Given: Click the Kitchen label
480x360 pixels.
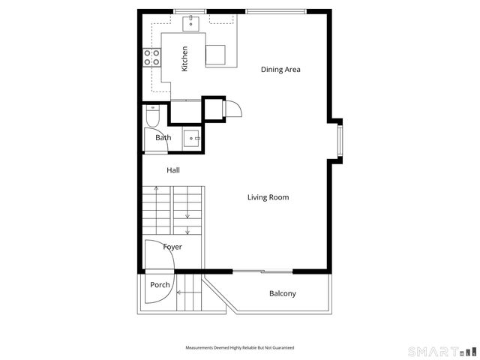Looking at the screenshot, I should pos(184,59).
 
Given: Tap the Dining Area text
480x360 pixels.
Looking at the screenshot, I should pos(280,70).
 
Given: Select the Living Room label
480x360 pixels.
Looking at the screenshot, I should pos(268,197).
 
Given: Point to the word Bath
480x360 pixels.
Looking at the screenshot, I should pos(163,138).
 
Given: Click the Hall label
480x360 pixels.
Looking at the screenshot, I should pos(172,171).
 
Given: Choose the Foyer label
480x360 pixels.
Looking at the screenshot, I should pos(172,247).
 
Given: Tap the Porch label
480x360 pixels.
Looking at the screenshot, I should pos(160,285).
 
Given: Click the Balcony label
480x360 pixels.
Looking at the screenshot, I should pos(282,293).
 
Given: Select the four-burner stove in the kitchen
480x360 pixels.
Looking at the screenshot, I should pos(152,58).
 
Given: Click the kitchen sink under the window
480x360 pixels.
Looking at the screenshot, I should pos(192,22).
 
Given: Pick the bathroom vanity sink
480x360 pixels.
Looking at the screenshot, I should pos(192,138).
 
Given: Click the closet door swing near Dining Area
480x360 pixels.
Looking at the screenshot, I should pos(232,109).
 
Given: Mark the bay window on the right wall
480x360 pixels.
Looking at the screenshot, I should pos(339,139).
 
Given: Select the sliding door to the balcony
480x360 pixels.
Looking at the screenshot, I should pos(262,271).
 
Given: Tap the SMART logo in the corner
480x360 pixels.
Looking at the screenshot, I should pos(441,351).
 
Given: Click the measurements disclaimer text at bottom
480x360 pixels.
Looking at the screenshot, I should pos(239,348).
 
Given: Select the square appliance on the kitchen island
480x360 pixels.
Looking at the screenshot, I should pos(216,55).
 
